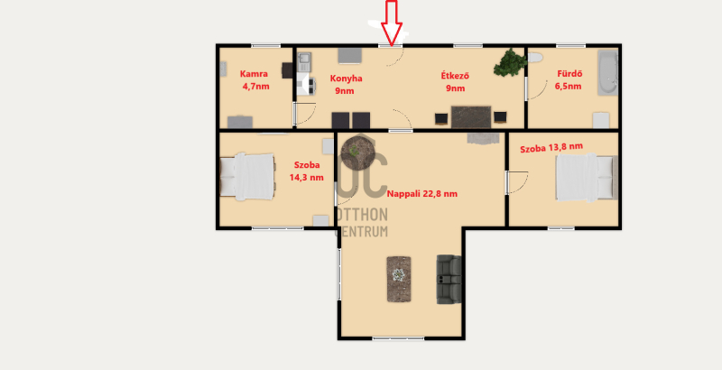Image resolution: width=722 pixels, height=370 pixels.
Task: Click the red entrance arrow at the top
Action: coord(392,23)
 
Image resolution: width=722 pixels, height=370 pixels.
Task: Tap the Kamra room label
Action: coord(255,79)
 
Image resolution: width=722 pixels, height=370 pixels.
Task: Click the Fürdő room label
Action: coord(569,79)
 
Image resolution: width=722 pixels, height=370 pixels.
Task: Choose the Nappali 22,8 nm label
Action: coord(422,194)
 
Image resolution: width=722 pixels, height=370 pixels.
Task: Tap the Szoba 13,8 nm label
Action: coord(551,148)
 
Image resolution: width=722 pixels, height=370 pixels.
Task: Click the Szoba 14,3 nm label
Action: coord(307,171)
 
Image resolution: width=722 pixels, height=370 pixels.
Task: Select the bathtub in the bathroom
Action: coord(607,73)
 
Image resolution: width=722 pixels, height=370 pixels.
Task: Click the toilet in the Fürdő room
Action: coord(535,58)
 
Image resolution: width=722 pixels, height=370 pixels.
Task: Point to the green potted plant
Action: coord(510,62)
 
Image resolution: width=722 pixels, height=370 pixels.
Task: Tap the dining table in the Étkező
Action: coord(471,117)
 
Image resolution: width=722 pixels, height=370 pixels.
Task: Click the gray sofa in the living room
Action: coord(449,280)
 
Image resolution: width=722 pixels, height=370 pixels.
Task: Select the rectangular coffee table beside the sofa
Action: coord(399,279)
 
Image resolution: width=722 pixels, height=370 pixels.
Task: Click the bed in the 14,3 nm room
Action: coord(247,177)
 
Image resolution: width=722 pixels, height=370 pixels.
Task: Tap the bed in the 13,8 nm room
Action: coord(586,178)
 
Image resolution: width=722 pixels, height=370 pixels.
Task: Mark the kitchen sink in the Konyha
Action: coord(304,62)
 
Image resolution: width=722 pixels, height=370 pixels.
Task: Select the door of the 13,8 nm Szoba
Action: coord(517,182)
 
